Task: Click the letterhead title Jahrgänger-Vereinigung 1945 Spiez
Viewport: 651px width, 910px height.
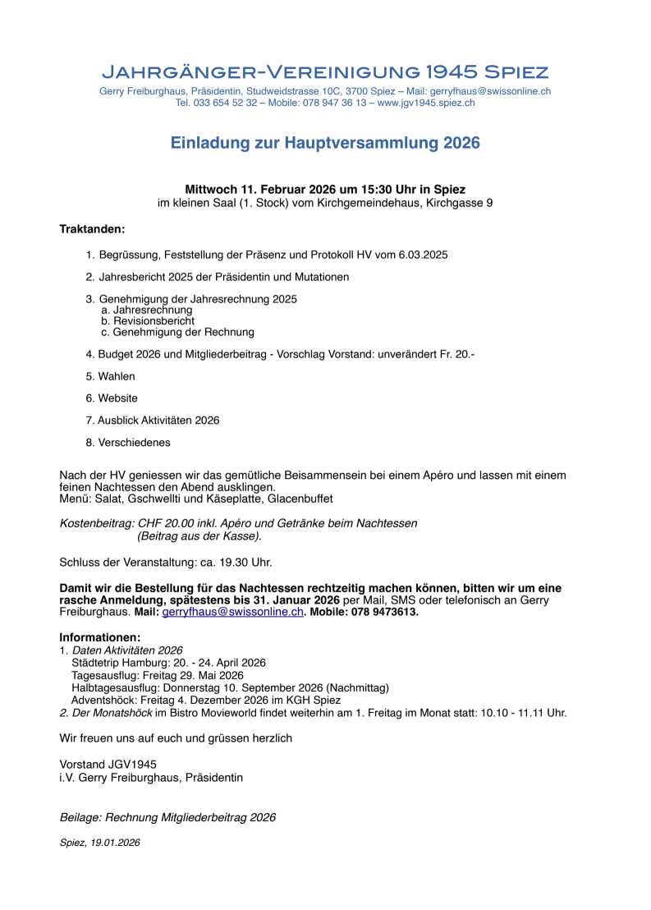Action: (325, 71)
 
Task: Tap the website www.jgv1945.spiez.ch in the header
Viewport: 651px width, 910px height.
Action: (426, 103)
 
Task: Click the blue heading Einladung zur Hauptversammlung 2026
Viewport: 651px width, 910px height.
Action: (325, 143)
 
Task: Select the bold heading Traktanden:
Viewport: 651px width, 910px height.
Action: (92, 228)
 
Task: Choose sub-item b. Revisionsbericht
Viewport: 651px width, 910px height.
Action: (148, 321)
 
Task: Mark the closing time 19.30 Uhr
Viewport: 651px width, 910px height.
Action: (242, 563)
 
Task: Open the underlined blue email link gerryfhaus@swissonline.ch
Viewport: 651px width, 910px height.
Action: (232, 612)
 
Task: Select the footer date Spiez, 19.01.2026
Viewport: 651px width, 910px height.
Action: (99, 842)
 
